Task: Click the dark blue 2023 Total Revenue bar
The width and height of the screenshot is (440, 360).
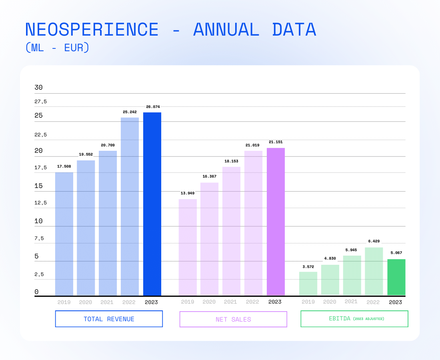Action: [152, 204]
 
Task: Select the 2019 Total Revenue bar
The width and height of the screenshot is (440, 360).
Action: [64, 234]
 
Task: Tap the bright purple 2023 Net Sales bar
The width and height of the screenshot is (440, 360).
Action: [276, 222]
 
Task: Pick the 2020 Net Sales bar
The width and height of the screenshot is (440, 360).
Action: [209, 239]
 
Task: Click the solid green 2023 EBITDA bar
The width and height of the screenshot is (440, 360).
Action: [396, 277]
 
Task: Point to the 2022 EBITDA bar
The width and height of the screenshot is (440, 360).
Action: [374, 271]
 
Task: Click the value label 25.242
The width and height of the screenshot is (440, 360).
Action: [130, 112]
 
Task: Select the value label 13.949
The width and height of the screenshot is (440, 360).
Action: [188, 193]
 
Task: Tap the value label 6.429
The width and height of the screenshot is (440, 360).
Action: [374, 241]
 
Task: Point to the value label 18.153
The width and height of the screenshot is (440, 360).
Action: [231, 161]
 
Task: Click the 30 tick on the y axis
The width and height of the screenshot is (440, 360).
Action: [38, 88]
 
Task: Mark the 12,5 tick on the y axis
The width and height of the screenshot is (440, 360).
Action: [40, 203]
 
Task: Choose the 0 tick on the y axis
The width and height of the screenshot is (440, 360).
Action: [36, 292]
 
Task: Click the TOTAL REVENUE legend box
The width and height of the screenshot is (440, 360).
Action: [109, 319]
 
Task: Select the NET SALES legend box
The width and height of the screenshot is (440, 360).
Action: [233, 319]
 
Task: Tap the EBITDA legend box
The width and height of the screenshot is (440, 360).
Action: [354, 319]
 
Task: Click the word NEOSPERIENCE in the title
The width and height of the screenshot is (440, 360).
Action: [92, 30]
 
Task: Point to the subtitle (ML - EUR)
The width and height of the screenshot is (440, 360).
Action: [57, 48]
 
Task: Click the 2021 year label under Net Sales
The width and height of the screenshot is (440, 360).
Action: [230, 302]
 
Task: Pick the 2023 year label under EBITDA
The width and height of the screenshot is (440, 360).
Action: [396, 302]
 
